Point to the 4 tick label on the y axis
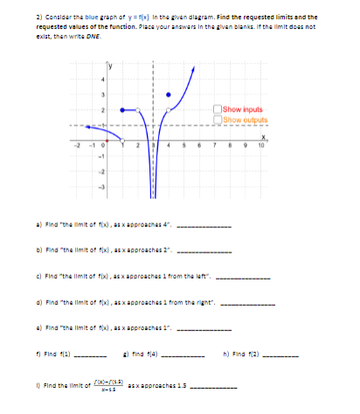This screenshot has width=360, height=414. point(101,83)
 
